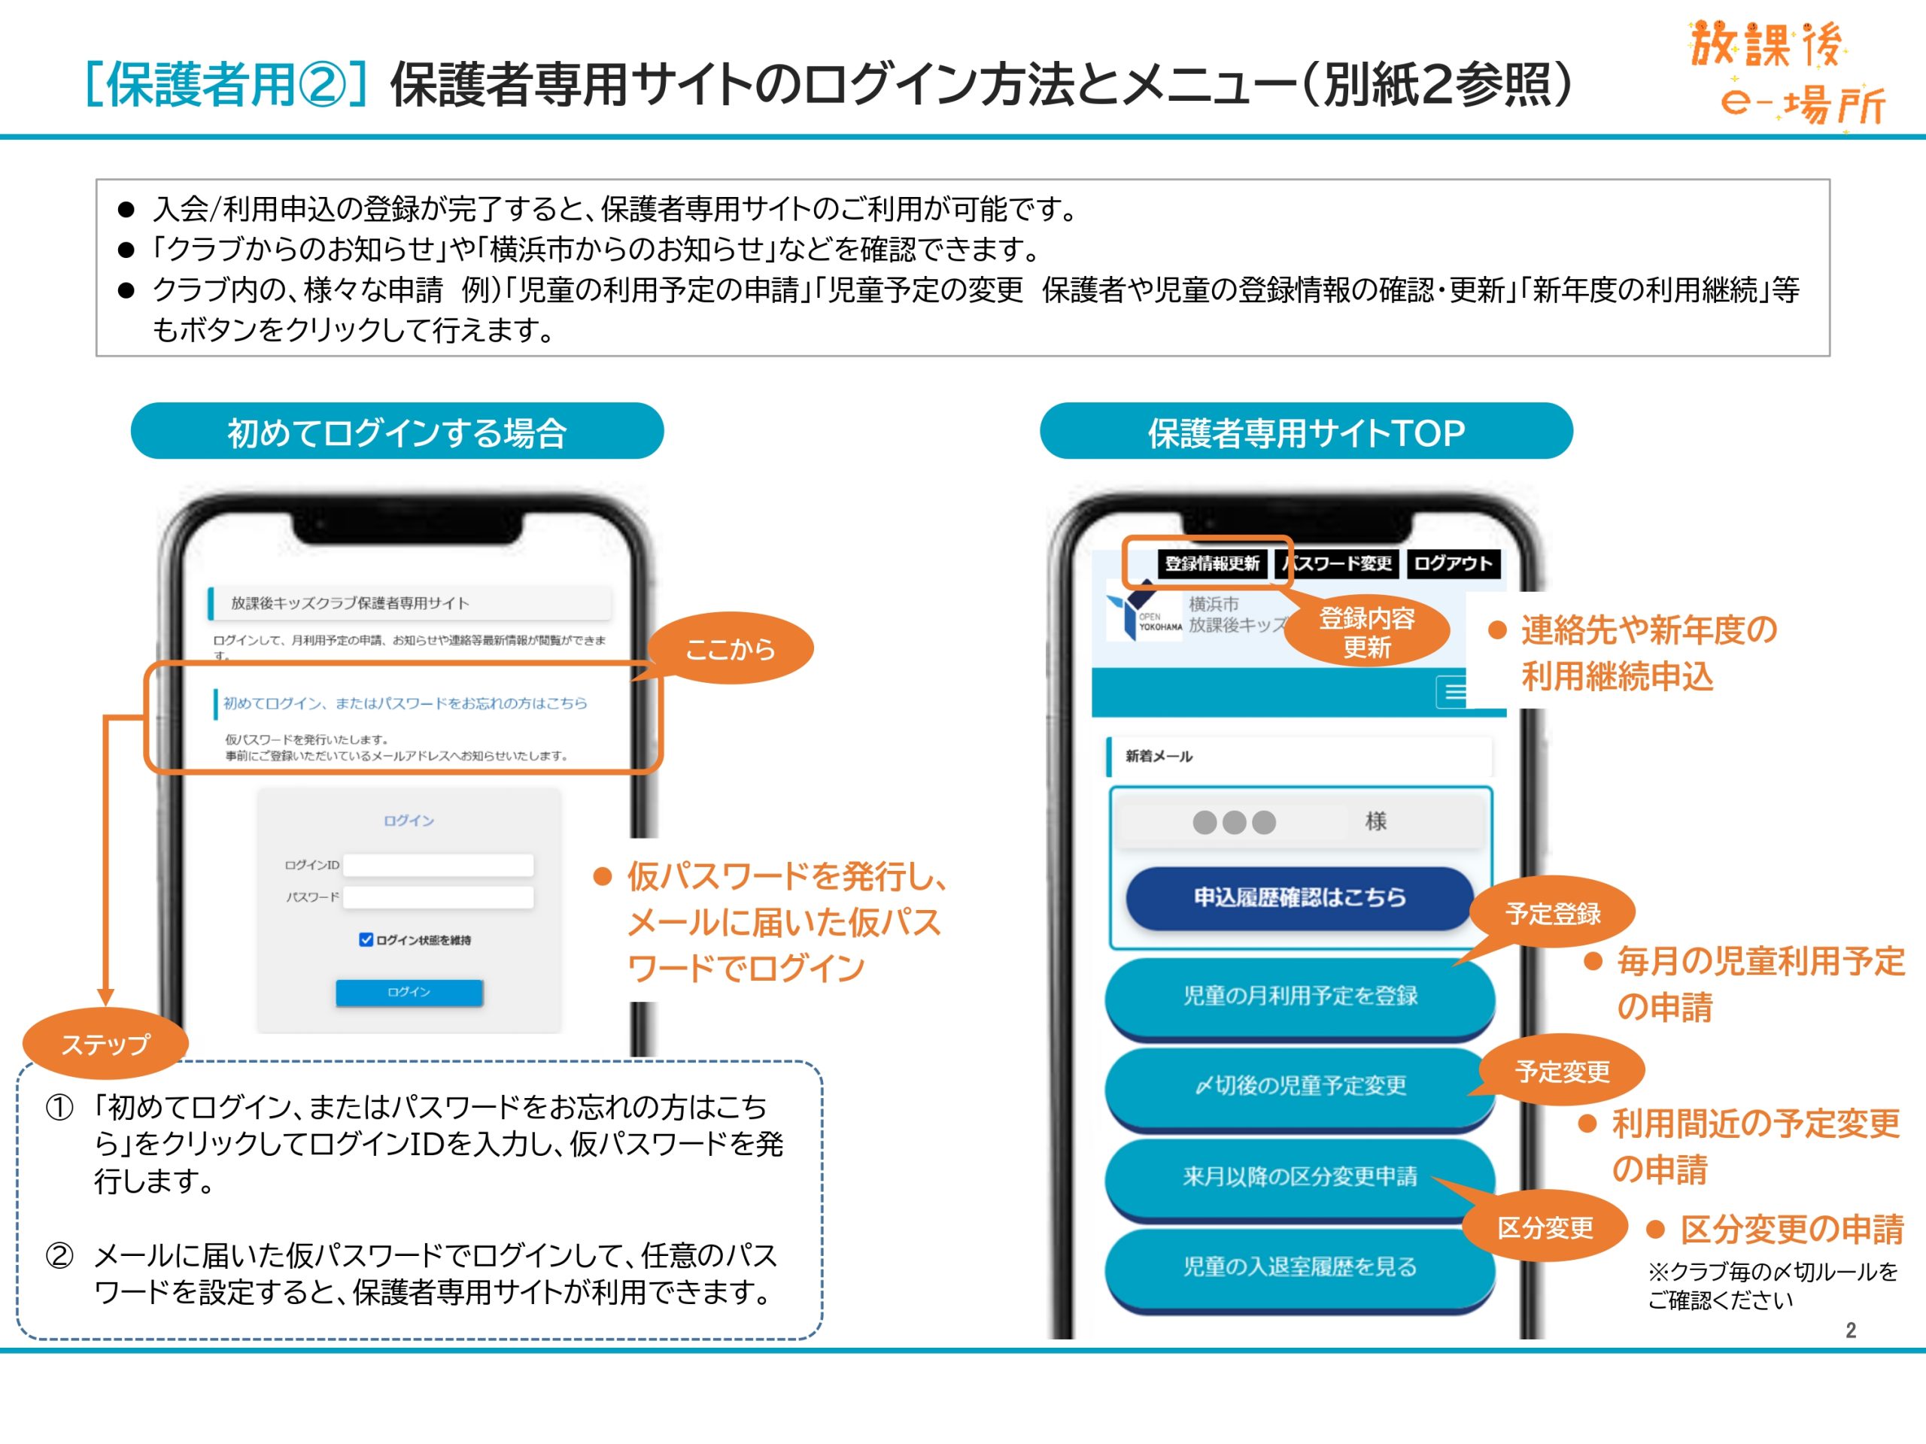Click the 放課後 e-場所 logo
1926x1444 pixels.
[x=1785, y=74]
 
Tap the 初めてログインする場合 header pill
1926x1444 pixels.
[x=397, y=432]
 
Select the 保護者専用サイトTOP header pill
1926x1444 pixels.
[x=1306, y=432]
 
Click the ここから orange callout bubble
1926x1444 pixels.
[x=730, y=648]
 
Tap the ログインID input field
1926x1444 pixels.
[x=438, y=864]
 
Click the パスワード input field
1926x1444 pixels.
[x=438, y=897]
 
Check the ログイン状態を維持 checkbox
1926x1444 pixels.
[x=366, y=940]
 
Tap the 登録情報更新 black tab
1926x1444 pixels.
[x=1212, y=563]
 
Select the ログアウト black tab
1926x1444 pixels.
[x=1452, y=563]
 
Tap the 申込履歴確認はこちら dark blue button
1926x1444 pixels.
[x=1299, y=897]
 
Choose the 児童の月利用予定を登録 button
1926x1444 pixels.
[x=1299, y=996]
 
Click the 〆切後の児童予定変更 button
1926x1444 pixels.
[x=1299, y=1085]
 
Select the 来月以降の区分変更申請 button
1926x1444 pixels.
[x=1299, y=1177]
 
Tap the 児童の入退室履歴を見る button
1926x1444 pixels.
[x=1299, y=1267]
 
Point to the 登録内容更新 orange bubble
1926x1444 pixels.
[x=1367, y=632]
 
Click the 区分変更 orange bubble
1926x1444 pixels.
[x=1545, y=1227]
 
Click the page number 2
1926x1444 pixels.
[x=1850, y=1330]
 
